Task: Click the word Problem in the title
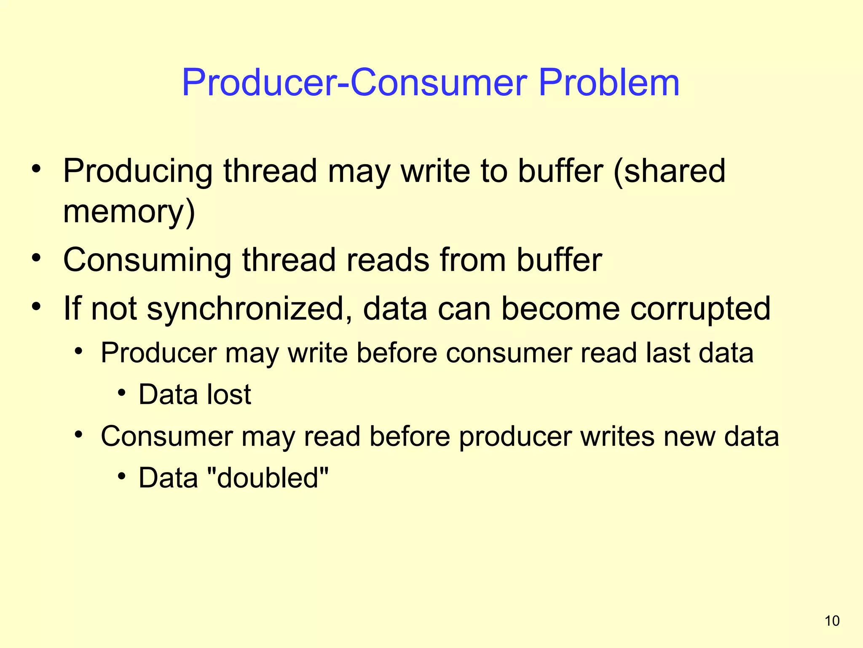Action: (x=609, y=83)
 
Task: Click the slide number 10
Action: (x=832, y=621)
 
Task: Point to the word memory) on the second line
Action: (x=129, y=212)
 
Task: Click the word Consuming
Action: (x=147, y=261)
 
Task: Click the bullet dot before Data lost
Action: (x=122, y=393)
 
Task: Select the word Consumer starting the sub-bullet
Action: (x=166, y=436)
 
